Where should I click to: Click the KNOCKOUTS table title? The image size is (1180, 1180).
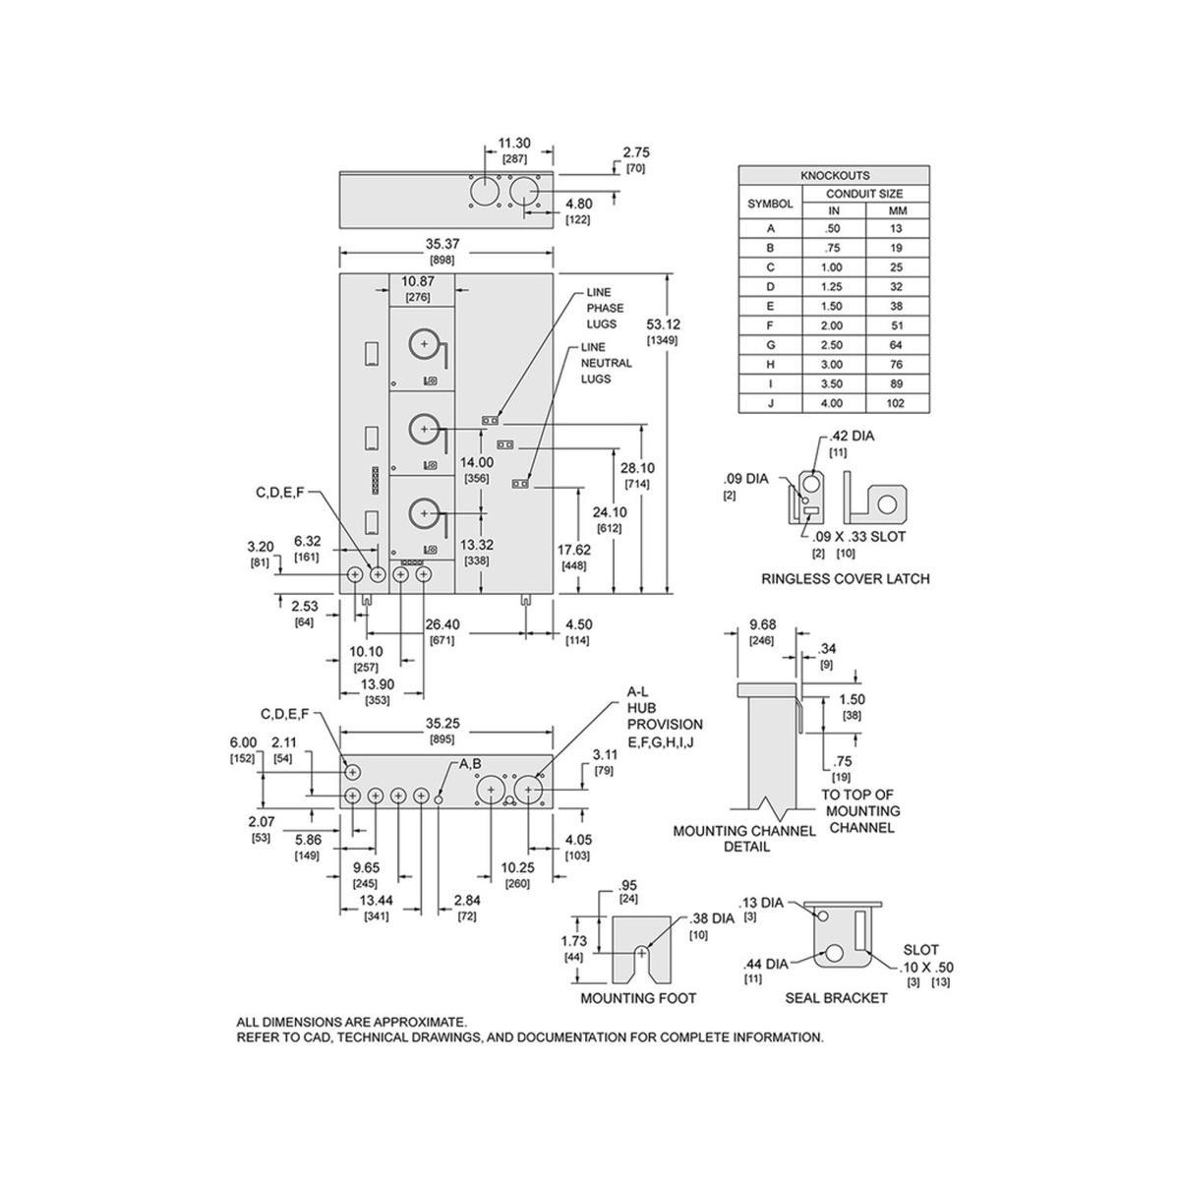[834, 175]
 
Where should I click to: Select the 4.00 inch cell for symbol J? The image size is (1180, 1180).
[834, 403]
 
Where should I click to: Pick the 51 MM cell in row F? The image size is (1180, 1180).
[896, 325]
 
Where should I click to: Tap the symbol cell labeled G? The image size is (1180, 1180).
[770, 345]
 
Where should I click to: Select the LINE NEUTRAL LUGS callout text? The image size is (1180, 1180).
[607, 363]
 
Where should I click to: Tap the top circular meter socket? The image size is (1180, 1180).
[425, 344]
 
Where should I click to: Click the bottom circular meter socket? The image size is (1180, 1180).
[425, 512]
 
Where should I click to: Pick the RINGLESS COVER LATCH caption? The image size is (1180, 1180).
[845, 578]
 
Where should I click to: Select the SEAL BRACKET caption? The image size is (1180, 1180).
[836, 998]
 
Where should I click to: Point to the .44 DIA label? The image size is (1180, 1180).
[765, 964]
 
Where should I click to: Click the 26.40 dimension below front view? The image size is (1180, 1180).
[442, 624]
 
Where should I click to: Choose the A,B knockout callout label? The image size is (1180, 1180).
[468, 765]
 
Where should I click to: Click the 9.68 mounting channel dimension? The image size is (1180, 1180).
[762, 624]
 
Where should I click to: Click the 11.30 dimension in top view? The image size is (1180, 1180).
[515, 144]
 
